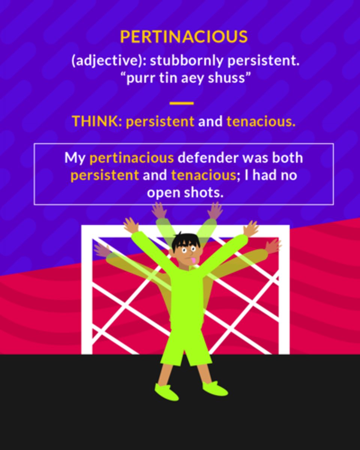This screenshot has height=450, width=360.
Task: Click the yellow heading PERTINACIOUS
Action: point(184,37)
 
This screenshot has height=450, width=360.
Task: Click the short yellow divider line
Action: point(181,103)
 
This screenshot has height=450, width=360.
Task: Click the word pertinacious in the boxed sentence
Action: point(132,157)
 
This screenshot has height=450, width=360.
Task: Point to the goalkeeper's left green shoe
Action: point(166,392)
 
